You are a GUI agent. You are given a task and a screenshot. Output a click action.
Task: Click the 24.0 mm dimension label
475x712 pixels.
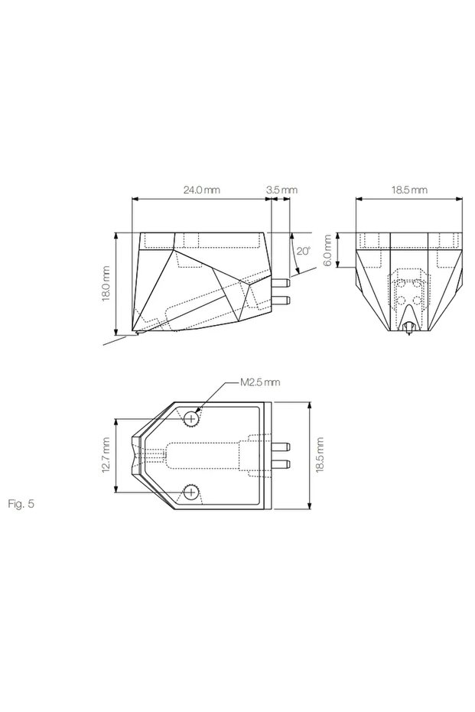point(201,190)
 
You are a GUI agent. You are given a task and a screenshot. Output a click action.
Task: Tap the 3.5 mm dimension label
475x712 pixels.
point(281,190)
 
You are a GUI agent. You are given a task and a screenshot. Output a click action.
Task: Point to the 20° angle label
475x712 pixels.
point(304,251)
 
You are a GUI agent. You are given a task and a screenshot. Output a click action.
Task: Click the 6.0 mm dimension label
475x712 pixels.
point(329,251)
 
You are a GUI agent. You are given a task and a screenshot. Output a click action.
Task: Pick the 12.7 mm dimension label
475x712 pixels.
point(106,456)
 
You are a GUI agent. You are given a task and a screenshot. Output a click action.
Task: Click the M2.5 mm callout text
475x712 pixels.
point(260,382)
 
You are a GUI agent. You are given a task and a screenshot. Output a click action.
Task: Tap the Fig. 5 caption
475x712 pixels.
point(21,503)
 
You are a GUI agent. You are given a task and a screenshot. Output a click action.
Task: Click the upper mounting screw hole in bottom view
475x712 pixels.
point(192,418)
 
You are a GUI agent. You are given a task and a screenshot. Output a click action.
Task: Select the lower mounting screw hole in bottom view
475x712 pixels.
point(192,492)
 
